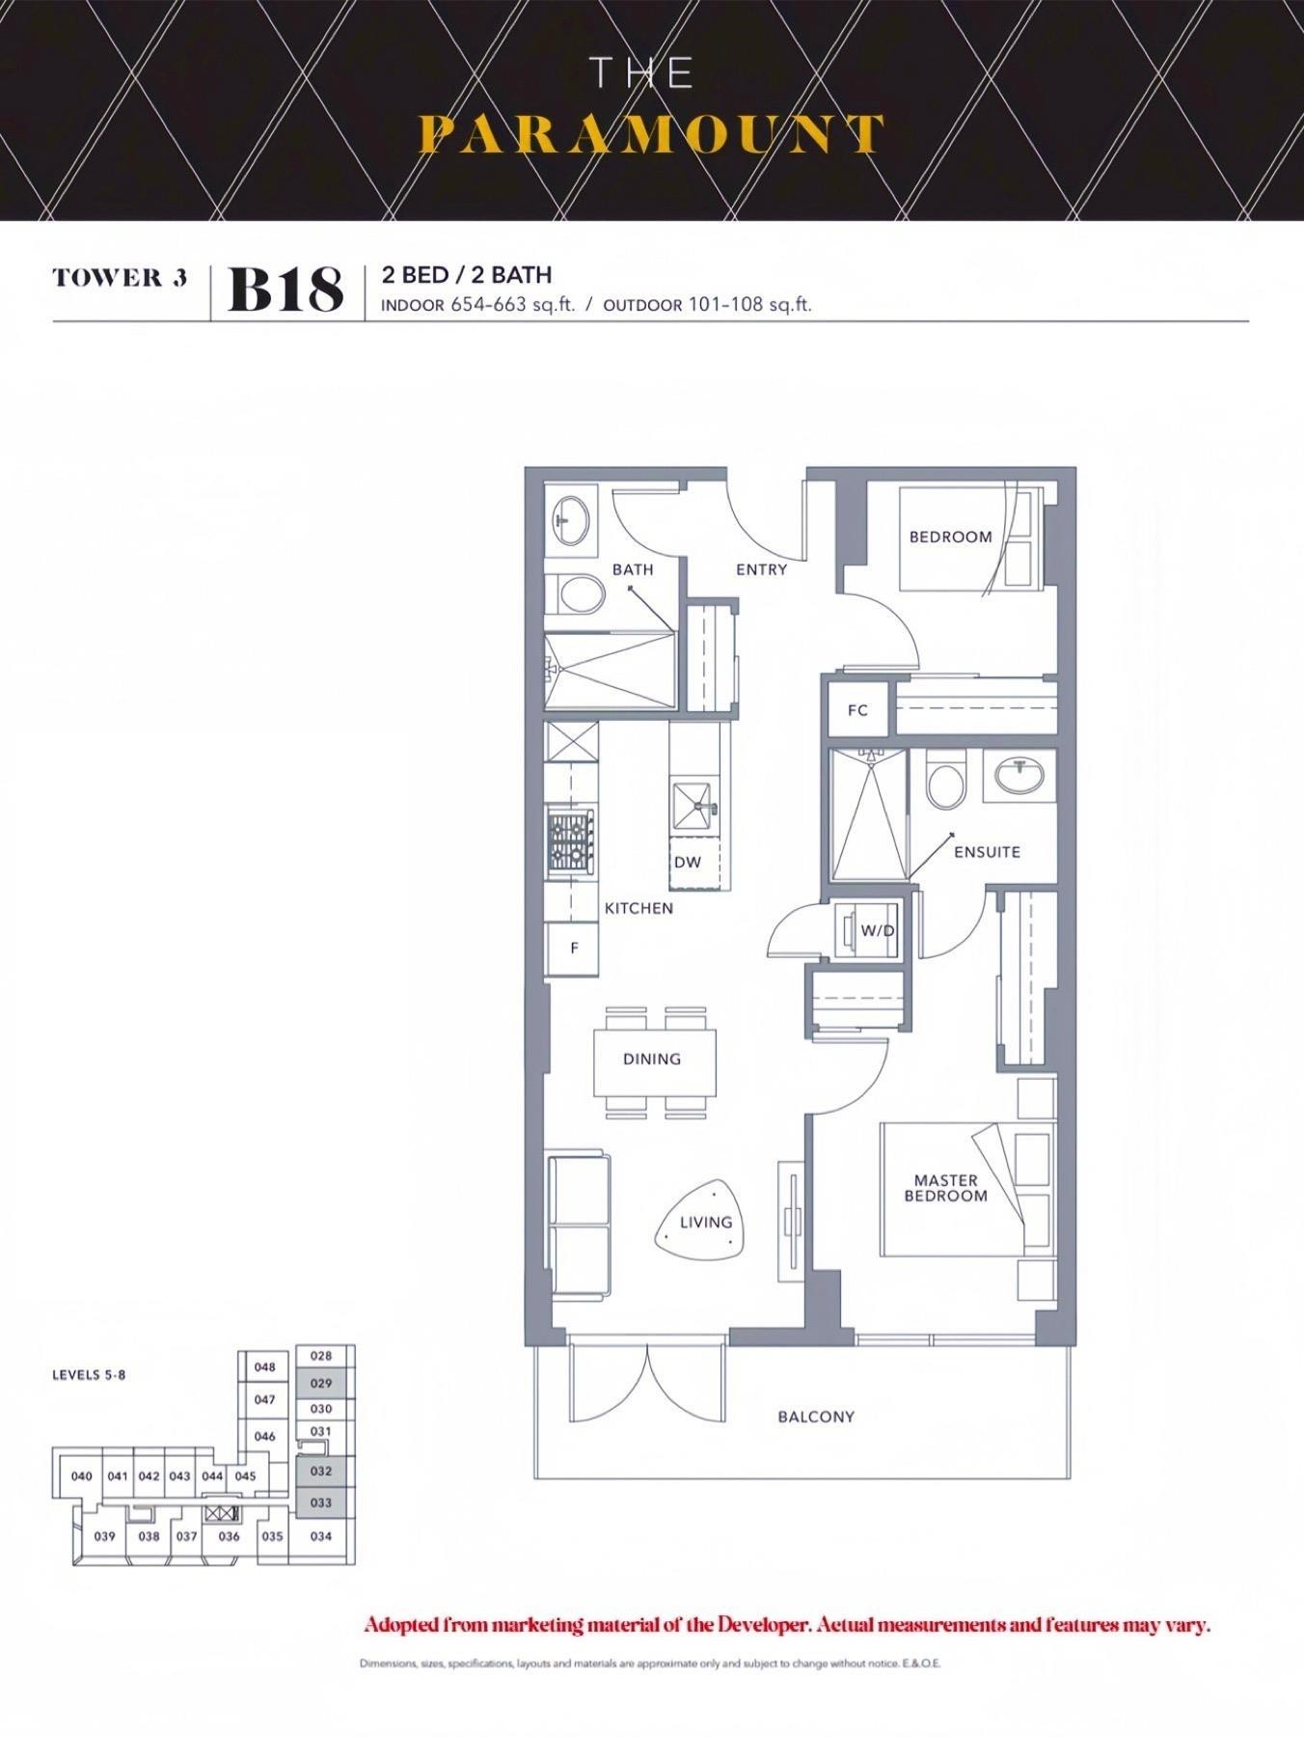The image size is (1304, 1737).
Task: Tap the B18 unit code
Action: [285, 289]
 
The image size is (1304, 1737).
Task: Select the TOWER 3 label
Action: [120, 278]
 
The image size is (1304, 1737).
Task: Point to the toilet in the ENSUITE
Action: [945, 781]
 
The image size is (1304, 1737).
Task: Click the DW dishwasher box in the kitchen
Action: [695, 862]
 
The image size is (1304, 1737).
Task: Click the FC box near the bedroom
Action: [857, 710]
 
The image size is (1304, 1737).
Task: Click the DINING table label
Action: [652, 1059]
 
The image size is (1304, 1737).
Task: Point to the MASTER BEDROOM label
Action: [946, 1188]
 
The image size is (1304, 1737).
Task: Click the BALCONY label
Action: [816, 1417]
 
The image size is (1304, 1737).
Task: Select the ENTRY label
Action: [762, 569]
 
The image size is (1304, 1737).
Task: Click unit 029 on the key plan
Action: [321, 1383]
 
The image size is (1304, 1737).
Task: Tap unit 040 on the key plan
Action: [82, 1475]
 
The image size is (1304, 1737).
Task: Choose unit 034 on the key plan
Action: [321, 1536]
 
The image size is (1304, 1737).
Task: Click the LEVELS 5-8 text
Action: [89, 1374]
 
